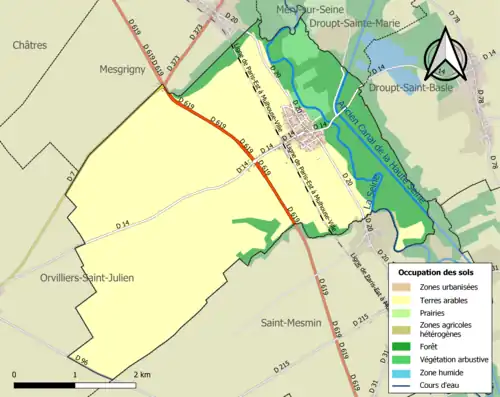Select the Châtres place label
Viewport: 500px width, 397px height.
(x=30, y=45)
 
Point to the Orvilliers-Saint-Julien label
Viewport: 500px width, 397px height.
(x=88, y=277)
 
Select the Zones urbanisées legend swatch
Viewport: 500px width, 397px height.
(x=404, y=287)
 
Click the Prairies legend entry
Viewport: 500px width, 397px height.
(x=432, y=312)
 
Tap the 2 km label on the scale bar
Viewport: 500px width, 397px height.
(x=141, y=374)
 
